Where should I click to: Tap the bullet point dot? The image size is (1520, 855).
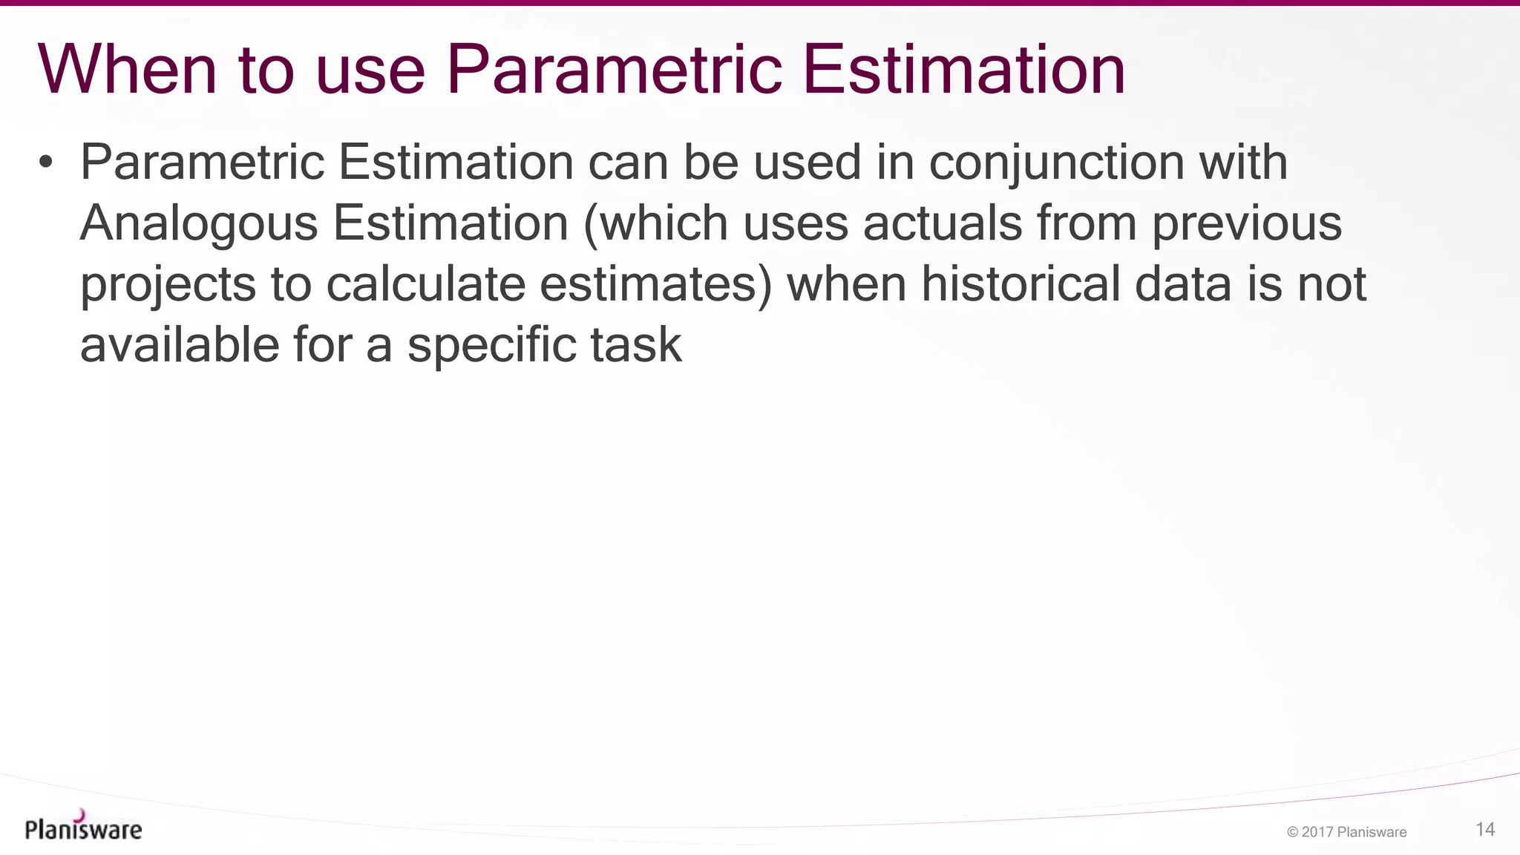click(x=46, y=162)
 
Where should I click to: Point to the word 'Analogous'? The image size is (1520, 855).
click(x=199, y=223)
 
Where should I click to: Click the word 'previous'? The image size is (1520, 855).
click(x=1246, y=223)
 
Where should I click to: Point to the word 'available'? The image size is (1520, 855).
click(x=179, y=345)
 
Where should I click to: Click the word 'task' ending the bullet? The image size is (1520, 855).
click(x=636, y=345)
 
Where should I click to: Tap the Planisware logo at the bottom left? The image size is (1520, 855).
click(x=83, y=827)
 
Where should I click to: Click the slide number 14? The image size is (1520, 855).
click(x=1485, y=829)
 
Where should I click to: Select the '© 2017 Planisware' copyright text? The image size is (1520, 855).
click(x=1346, y=832)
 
